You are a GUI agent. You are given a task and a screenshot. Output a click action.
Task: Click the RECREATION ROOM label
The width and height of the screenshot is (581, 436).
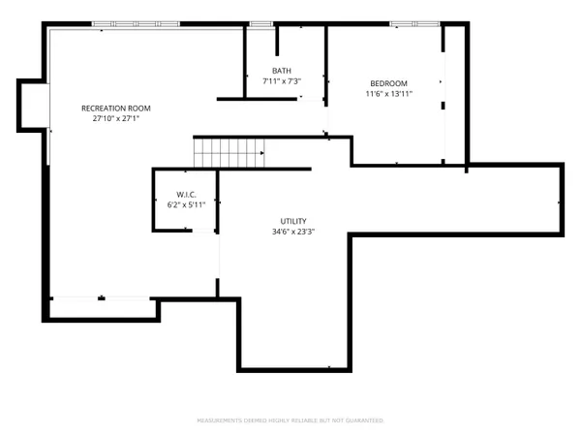tap(115, 108)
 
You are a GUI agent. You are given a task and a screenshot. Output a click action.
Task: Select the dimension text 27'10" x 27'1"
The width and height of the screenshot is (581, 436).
tap(115, 119)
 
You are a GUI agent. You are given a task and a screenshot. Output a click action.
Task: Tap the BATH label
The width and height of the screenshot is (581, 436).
tap(282, 71)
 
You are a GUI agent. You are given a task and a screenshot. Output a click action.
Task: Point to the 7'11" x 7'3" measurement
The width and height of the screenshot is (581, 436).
tap(282, 82)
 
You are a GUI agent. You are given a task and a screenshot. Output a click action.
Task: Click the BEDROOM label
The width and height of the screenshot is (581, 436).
tap(388, 82)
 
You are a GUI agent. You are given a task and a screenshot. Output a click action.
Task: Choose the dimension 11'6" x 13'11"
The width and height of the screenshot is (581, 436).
tap(388, 94)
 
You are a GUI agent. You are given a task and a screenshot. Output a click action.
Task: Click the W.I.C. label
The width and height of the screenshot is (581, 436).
tap(187, 194)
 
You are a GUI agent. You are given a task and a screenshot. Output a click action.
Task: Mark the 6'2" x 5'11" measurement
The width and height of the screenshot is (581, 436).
tap(187, 204)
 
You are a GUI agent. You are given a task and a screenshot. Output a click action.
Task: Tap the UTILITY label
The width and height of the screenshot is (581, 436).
tap(293, 221)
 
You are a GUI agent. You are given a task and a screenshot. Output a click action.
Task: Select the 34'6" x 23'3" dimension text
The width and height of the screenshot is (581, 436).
tap(293, 233)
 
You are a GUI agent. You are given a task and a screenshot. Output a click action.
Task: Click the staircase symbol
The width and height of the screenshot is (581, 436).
tap(229, 152)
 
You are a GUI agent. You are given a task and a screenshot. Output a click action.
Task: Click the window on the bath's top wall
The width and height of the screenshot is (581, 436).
tap(260, 23)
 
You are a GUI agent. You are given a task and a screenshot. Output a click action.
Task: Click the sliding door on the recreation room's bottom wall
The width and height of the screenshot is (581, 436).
tap(102, 299)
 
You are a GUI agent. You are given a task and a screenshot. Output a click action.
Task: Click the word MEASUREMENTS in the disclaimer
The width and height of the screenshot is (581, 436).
tap(219, 420)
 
